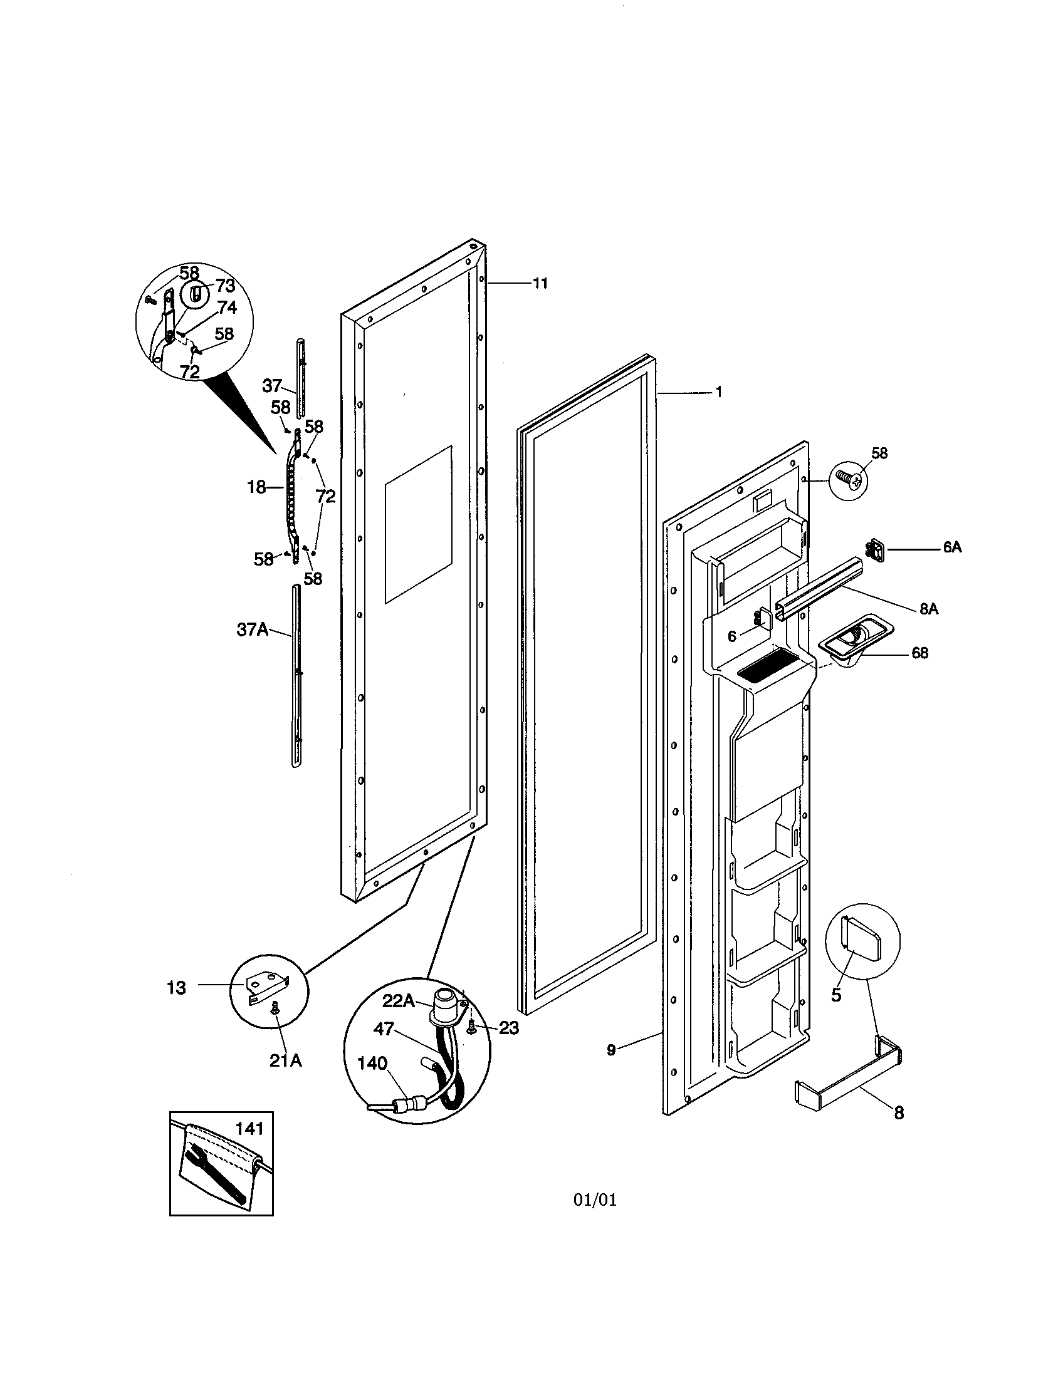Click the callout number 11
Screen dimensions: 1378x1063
[x=540, y=283]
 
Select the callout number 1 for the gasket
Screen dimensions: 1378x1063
[x=718, y=392]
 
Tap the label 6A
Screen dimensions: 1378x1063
[x=952, y=547]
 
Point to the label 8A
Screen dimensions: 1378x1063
[x=928, y=609]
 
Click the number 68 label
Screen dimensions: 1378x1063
[x=919, y=653]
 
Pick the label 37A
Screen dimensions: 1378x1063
[x=252, y=629]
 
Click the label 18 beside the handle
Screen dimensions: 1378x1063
[x=256, y=487]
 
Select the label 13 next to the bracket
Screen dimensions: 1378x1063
[x=177, y=988]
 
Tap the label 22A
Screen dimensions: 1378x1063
[x=397, y=1001]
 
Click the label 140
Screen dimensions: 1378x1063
[x=372, y=1064]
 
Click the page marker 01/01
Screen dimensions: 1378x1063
[x=595, y=1200]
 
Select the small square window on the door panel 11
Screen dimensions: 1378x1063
[x=418, y=524]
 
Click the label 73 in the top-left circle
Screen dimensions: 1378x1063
[x=225, y=286]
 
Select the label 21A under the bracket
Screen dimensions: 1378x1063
[x=285, y=1060]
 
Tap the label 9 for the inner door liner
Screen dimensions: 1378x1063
[x=610, y=1050]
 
